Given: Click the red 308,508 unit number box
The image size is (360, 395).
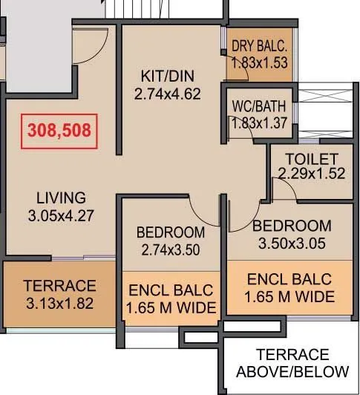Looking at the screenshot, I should coord(59,131).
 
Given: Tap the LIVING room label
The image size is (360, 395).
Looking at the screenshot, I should coord(62,198).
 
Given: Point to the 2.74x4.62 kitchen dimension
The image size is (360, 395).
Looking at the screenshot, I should coord(168,94).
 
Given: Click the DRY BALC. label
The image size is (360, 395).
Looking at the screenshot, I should coord(259,46).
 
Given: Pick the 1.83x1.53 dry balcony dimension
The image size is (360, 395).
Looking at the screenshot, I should coord(259,63).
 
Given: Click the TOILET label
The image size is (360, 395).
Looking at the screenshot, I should coord(311,159).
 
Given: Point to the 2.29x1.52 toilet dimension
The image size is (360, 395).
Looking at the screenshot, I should coord(311,174).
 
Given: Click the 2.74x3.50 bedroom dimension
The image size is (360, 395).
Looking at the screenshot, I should coord(171,250).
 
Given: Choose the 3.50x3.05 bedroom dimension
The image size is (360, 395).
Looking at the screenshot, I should coord(290,243).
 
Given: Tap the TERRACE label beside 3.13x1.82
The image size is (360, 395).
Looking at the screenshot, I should coord(59,286).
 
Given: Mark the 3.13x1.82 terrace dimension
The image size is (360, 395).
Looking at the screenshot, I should coord(59,303).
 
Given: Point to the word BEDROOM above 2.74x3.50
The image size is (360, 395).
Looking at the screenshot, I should coord(171,233).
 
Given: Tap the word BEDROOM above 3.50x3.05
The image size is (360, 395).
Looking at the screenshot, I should coord(291,226).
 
